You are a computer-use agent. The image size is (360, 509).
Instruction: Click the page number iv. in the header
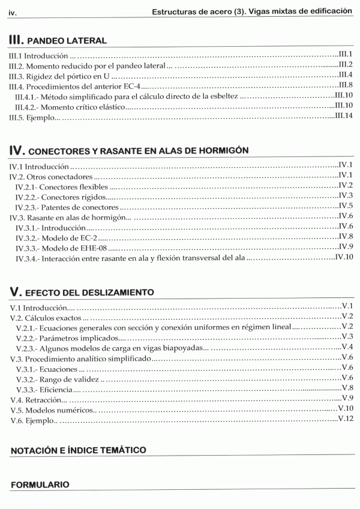click(x=13, y=11)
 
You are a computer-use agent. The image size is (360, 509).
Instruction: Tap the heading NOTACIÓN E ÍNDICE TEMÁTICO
click(x=78, y=450)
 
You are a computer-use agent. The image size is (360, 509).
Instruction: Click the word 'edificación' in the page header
click(x=329, y=11)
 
